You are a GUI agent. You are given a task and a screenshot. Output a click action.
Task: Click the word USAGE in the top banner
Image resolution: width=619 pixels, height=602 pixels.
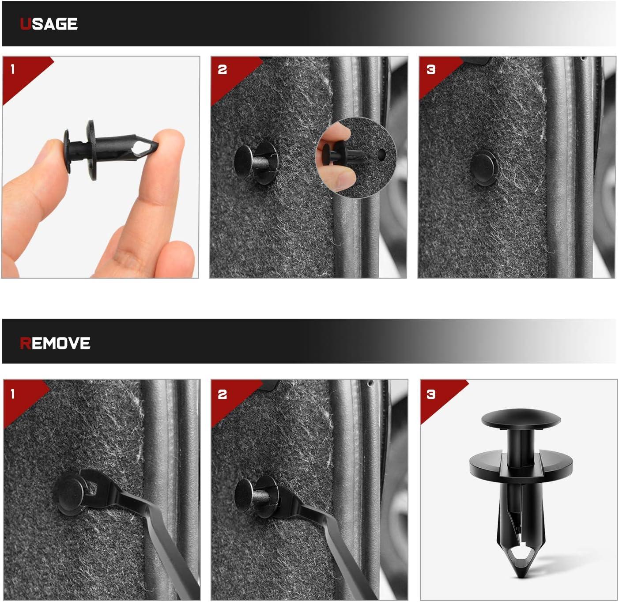[49, 24]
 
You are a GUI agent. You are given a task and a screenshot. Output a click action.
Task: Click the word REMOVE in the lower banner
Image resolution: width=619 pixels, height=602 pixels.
[55, 343]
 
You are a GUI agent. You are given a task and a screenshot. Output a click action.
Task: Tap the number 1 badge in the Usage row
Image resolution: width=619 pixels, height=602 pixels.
[13, 69]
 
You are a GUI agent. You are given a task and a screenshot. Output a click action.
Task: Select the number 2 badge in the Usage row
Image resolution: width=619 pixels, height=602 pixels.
[223, 69]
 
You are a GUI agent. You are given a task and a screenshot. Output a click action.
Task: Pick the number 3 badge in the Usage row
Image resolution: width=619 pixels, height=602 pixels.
[431, 69]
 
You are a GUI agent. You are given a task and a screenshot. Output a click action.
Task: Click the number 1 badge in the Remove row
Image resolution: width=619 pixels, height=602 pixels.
[13, 394]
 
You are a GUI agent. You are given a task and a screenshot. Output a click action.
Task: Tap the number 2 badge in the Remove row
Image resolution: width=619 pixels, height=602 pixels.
[223, 394]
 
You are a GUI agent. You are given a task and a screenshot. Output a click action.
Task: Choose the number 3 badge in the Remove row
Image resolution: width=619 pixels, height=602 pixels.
[431, 394]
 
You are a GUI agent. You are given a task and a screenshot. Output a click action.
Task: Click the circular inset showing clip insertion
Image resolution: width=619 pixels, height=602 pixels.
[355, 158]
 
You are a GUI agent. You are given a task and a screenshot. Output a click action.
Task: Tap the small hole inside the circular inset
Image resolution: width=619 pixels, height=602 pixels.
[381, 155]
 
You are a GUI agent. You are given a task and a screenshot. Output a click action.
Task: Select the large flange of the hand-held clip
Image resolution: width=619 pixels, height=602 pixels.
[91, 150]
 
